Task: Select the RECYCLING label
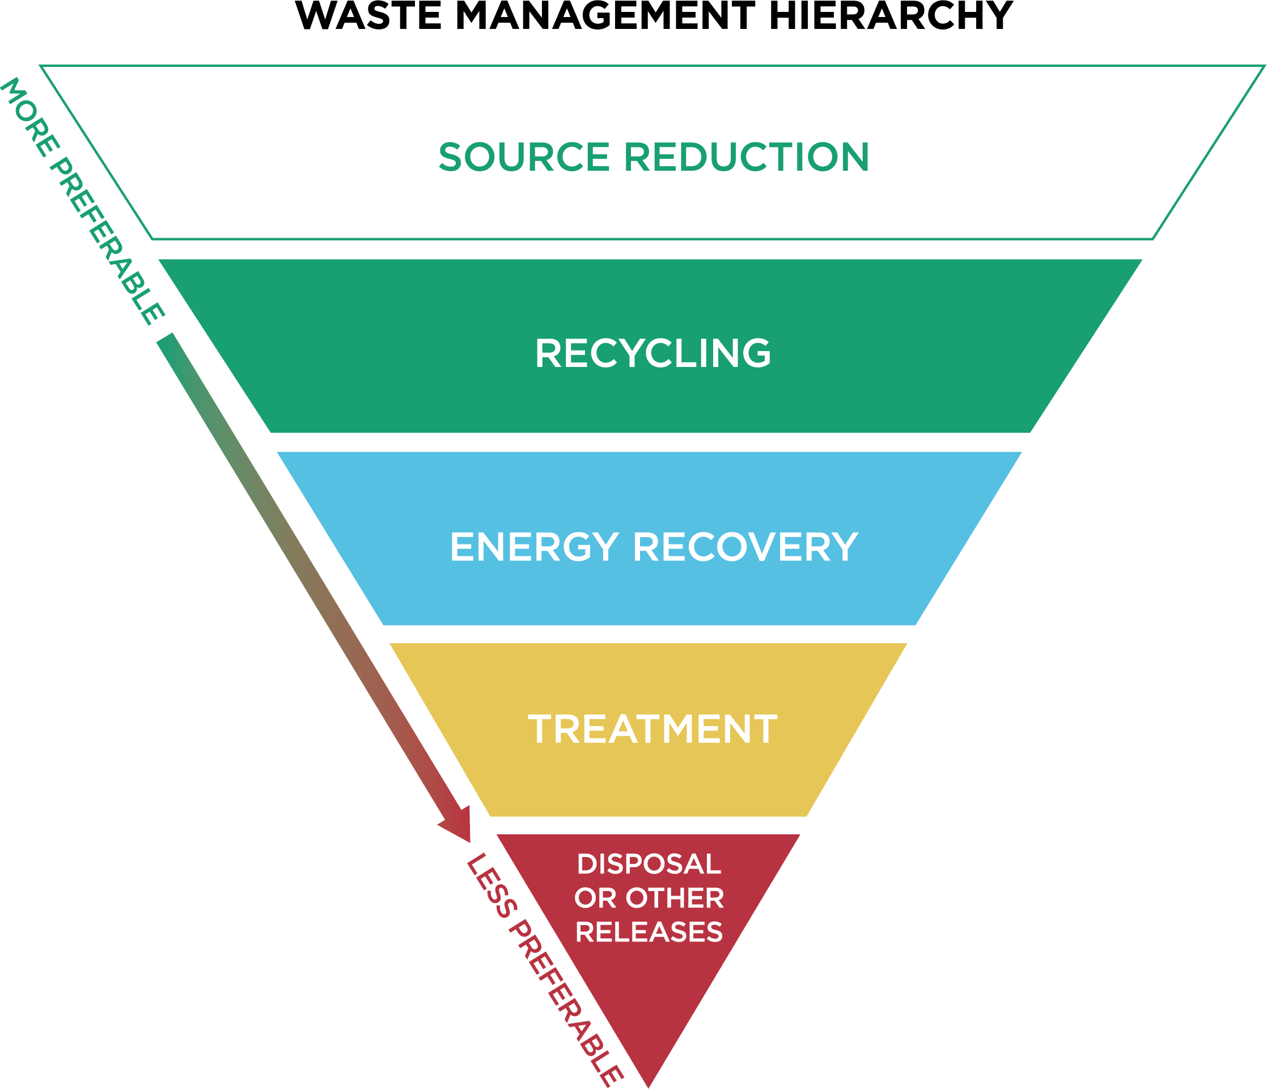652,353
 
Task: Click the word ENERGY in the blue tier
534,547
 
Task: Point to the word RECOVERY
745,547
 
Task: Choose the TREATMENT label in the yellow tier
652,729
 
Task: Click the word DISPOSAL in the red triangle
649,864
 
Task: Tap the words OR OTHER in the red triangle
649,898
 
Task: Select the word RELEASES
649,932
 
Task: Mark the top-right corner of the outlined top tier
1264,66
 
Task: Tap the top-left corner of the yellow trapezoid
391,644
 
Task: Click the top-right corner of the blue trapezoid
1022,452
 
